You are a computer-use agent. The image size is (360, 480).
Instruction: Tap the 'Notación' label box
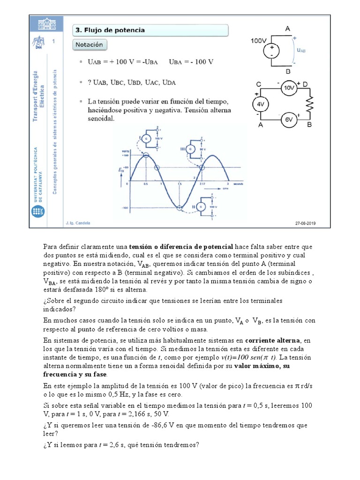[90, 45]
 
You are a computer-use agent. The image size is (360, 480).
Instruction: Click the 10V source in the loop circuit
[289, 88]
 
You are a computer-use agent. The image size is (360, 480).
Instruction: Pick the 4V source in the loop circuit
[261, 104]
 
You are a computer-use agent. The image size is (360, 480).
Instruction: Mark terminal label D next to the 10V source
[305, 83]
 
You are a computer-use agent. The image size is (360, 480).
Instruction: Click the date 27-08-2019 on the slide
[306, 223]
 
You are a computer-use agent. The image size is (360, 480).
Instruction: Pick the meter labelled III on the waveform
[190, 149]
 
